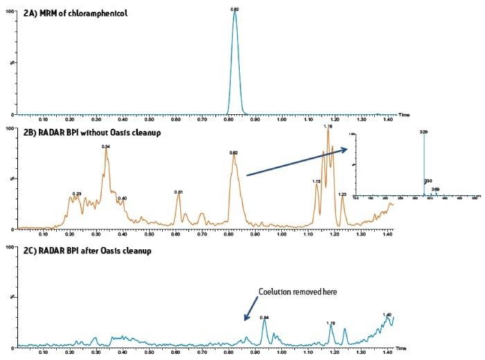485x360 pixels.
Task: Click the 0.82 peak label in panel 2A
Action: pyautogui.click(x=235, y=8)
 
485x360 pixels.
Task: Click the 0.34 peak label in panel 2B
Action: pyautogui.click(x=106, y=147)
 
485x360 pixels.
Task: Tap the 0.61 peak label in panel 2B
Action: pyautogui.click(x=178, y=192)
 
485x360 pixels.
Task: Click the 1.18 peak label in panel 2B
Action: pyautogui.click(x=328, y=127)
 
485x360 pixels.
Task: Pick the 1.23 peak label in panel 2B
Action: pyautogui.click(x=342, y=195)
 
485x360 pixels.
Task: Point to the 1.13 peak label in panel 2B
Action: pyautogui.click(x=316, y=181)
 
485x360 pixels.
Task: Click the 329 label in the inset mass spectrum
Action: pyautogui.click(x=423, y=131)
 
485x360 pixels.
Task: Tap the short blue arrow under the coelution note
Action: pyautogui.click(x=251, y=309)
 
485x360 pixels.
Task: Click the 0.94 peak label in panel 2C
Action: pyautogui.click(x=264, y=317)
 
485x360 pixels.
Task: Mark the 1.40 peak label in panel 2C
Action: pyautogui.click(x=387, y=314)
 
